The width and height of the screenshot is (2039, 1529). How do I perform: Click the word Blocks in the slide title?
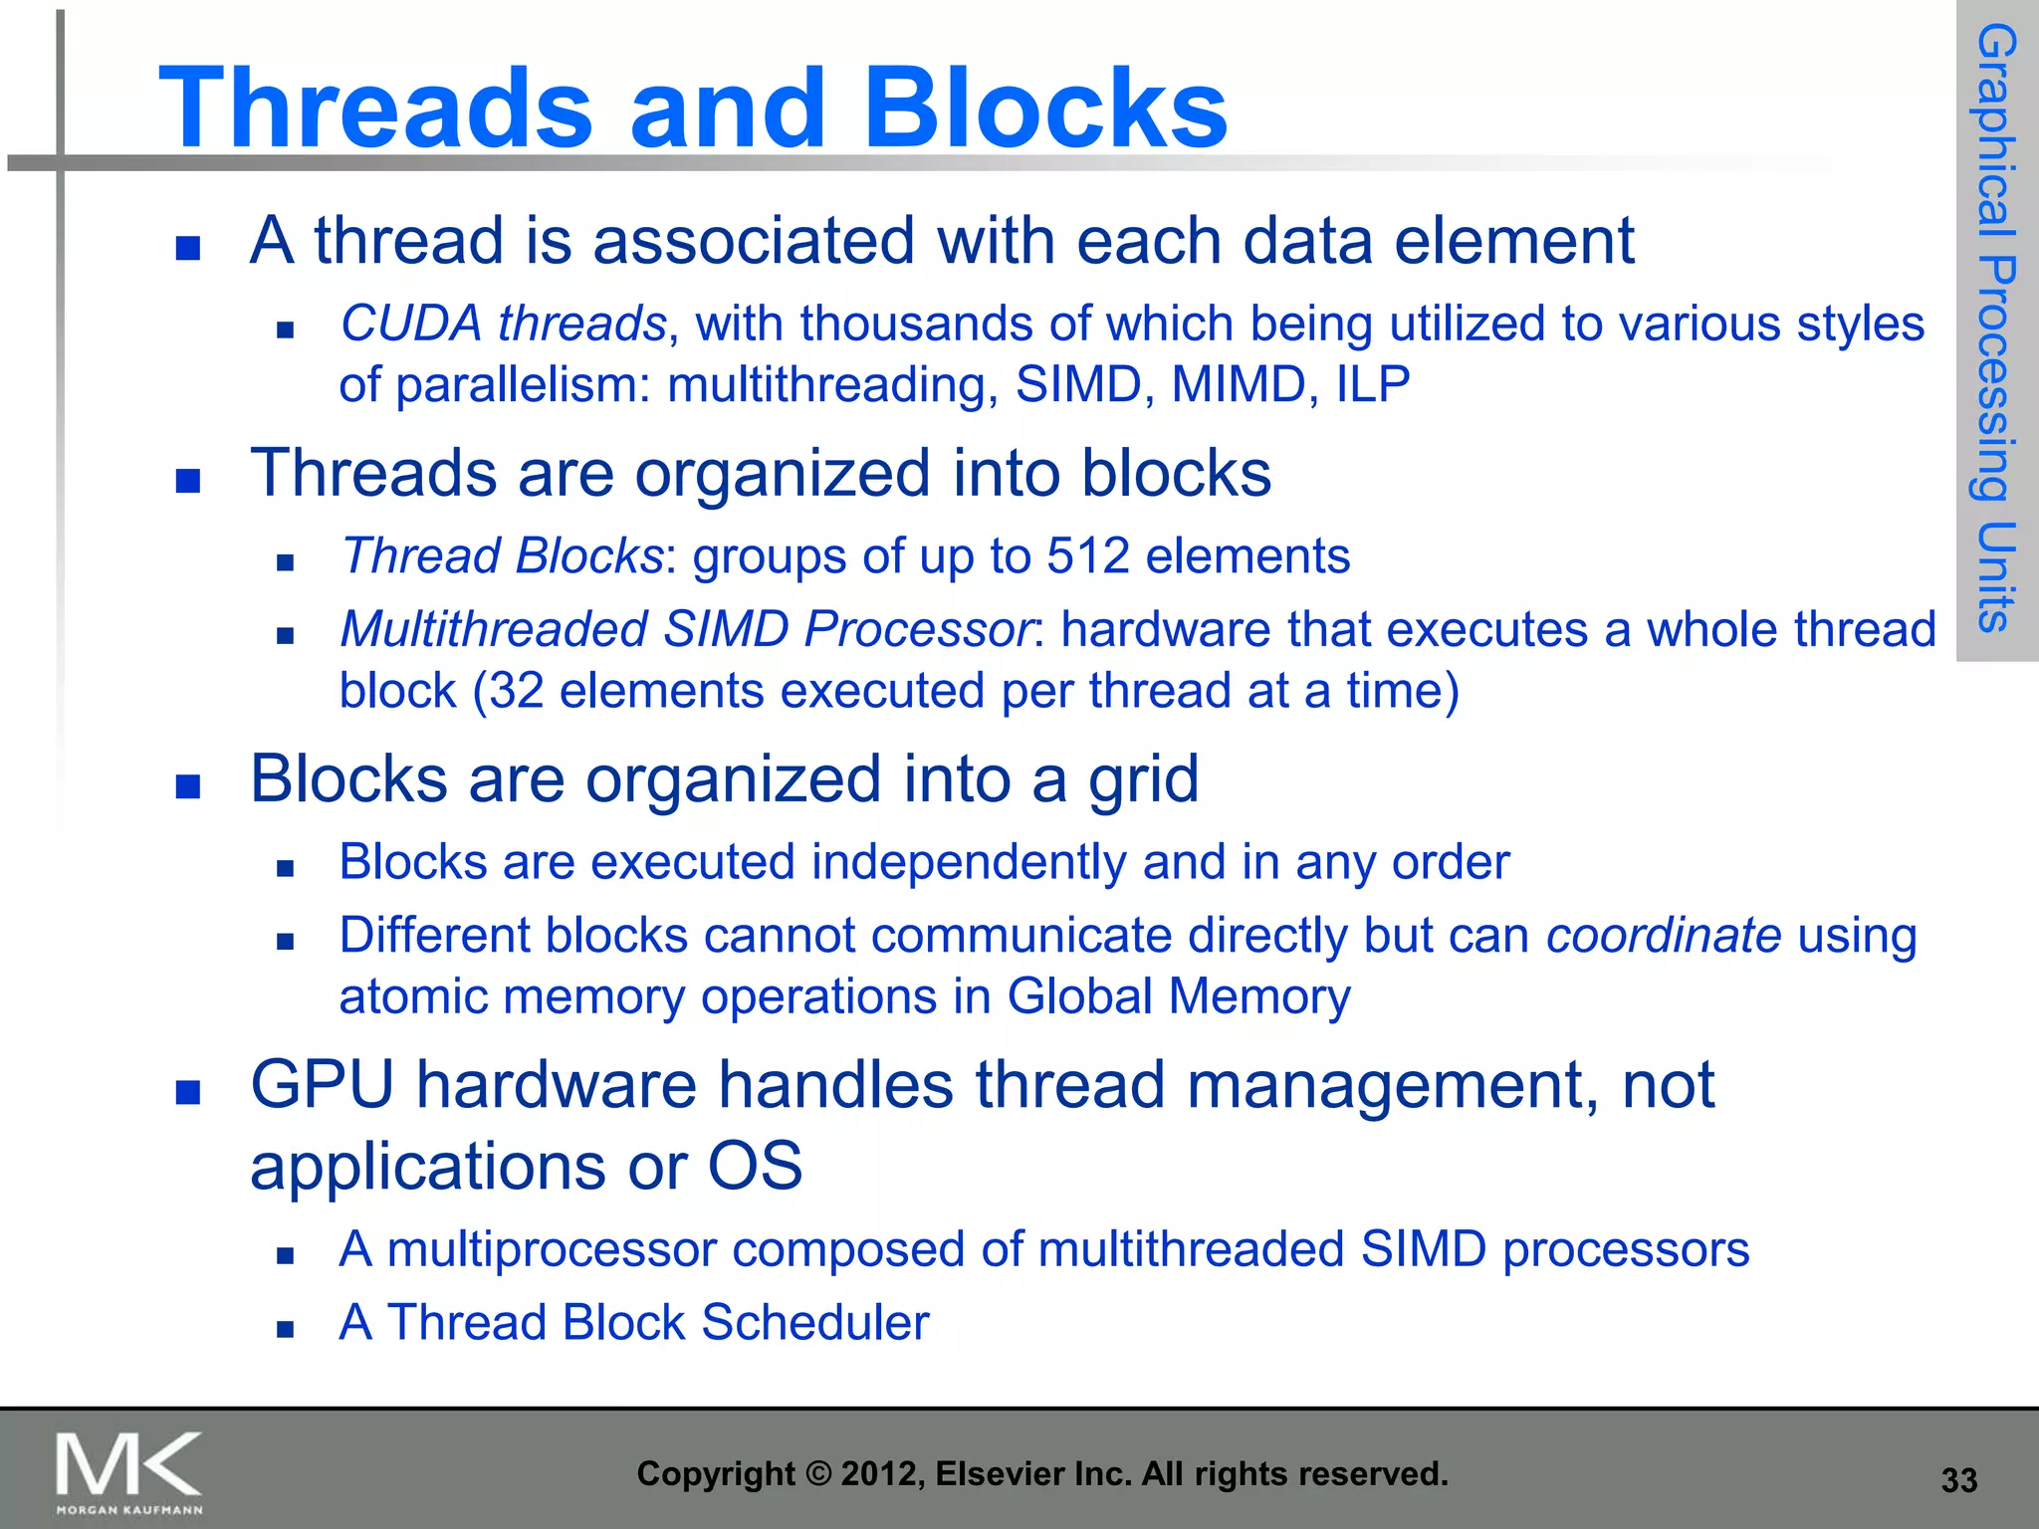tap(1045, 108)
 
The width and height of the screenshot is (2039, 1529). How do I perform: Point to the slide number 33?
tap(1958, 1480)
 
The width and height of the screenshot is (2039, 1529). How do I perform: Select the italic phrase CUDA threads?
tap(503, 324)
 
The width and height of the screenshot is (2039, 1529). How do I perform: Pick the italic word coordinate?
tap(1663, 936)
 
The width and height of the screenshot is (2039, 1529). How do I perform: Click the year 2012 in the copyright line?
tap(872, 1473)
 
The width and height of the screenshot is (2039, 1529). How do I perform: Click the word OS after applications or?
tap(755, 1166)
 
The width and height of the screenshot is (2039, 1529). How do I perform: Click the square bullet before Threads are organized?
tap(188, 482)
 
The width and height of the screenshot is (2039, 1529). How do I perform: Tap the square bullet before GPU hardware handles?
tap(188, 1093)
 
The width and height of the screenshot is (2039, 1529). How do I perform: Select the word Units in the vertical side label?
tap(1996, 577)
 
